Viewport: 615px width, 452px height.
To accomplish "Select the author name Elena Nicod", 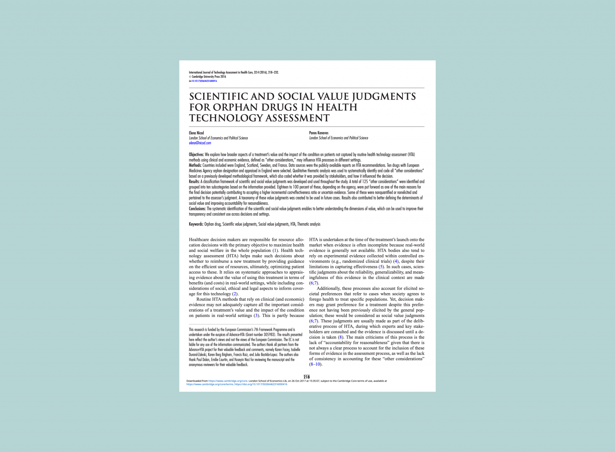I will pos(196,133).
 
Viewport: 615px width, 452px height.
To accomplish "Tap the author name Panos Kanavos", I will pos(319,133).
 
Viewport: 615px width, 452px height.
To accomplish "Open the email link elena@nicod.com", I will pos(200,143).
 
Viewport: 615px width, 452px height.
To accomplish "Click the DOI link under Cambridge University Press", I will pos(204,81).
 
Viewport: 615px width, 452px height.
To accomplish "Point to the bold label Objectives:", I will pos(196,155).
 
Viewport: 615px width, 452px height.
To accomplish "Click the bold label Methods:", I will pos(195,166).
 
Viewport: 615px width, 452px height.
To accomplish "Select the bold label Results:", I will pos(194,182).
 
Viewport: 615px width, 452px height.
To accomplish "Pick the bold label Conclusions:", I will pos(197,209).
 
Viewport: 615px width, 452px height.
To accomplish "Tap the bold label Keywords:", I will pos(196,224).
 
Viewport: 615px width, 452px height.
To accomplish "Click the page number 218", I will pos(306,377).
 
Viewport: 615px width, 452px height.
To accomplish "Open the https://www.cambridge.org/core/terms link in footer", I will pos(210,384).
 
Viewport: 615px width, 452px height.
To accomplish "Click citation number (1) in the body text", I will pos(275,251).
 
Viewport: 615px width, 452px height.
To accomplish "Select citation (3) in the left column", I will pos(256,316).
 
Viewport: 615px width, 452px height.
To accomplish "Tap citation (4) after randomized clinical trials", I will pos(395,262).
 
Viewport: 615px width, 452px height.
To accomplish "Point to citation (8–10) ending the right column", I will pos(316,364).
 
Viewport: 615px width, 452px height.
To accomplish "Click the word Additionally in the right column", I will pos(328,289).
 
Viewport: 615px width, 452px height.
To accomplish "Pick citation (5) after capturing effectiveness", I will pos(382,267).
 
